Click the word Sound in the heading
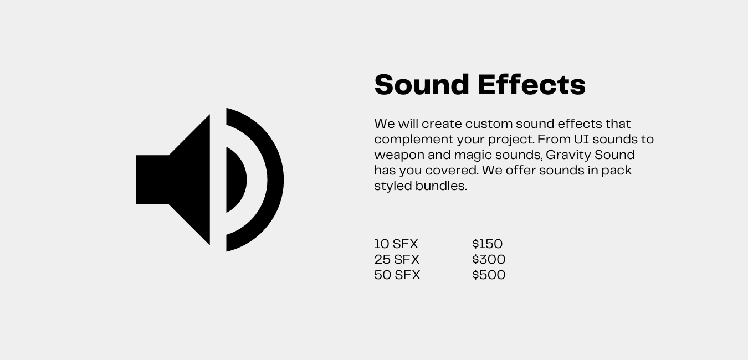click(422, 85)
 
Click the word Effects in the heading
click(531, 85)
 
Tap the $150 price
click(487, 244)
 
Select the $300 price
click(489, 259)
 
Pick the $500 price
click(489, 275)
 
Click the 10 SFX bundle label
click(396, 244)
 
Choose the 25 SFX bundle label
click(397, 259)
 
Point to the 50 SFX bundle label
click(397, 275)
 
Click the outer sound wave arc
click(275, 180)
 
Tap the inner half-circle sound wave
click(235, 180)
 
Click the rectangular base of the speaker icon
click(152, 179)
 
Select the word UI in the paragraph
click(581, 139)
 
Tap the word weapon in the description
click(399, 156)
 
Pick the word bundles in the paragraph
click(441, 186)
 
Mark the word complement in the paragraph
click(414, 140)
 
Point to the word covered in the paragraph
click(452, 171)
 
